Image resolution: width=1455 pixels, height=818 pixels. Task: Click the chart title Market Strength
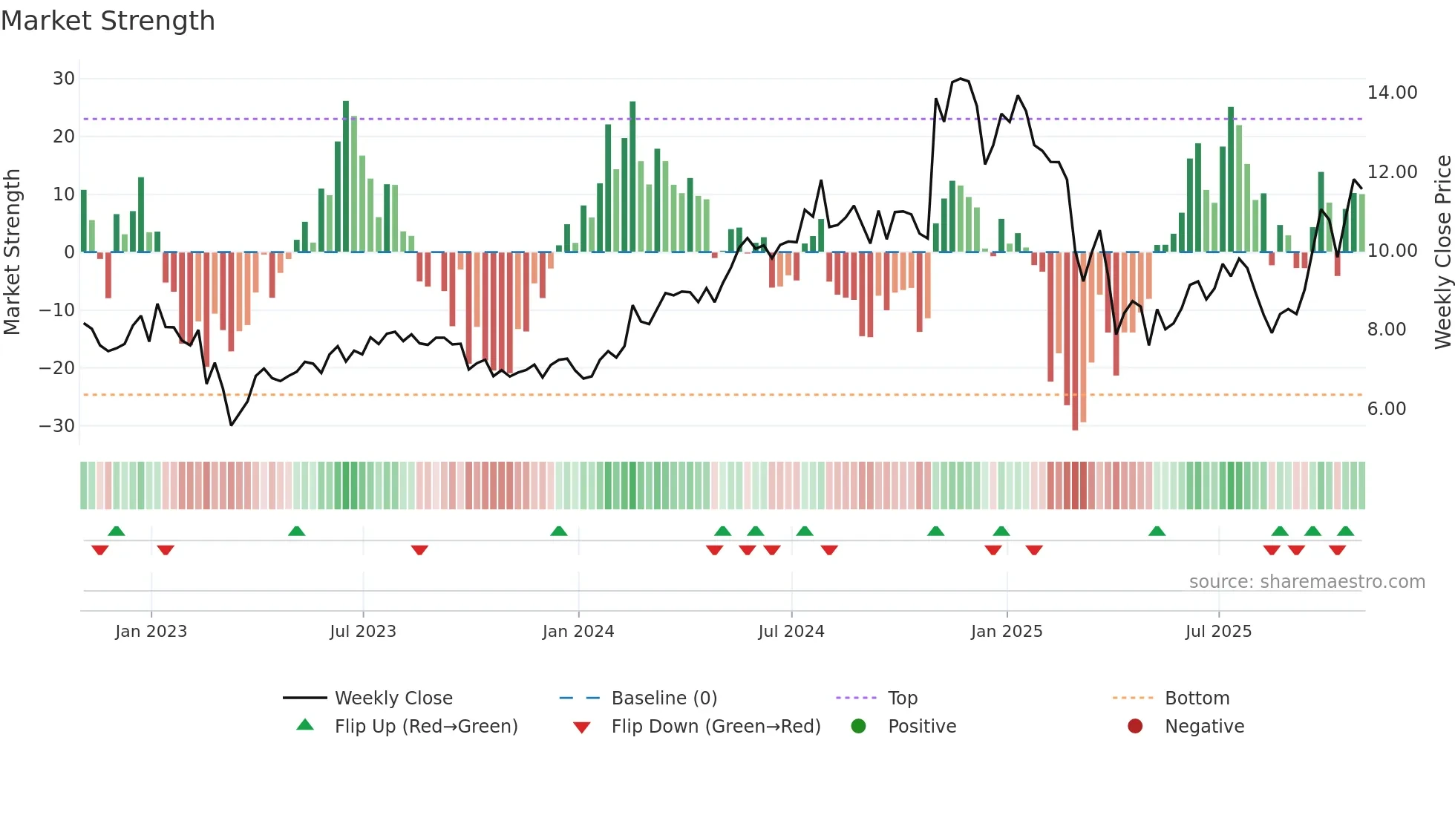coord(108,21)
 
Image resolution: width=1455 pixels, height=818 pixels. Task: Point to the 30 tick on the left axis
coord(64,79)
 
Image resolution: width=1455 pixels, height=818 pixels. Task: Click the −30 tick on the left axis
coord(57,426)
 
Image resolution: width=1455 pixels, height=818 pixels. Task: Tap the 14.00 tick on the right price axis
coord(1392,93)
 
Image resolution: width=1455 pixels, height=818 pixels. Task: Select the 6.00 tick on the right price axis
coord(1386,409)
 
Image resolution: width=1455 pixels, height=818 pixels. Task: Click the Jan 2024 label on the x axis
coord(578,632)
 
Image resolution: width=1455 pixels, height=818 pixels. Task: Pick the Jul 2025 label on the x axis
coord(1218,632)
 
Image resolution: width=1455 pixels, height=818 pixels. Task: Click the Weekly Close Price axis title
coord(1442,252)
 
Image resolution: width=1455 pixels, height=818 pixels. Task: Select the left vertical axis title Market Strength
coord(12,252)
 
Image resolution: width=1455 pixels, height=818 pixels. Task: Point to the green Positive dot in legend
coord(859,727)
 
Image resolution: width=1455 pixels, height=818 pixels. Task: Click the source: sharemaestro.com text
coord(1307,582)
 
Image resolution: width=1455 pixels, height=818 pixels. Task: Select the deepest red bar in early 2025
coord(1075,341)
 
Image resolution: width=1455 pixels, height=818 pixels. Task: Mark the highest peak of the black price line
coord(961,79)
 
